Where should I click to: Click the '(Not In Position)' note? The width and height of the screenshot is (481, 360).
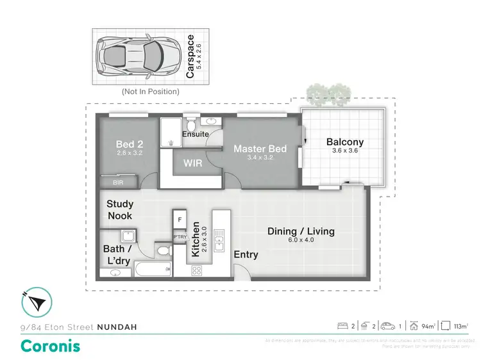coord(150,92)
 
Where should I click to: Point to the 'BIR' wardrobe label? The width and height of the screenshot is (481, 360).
coord(117,183)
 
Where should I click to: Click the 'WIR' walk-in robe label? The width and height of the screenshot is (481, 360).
coord(193,163)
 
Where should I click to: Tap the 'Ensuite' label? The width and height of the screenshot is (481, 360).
coord(194,135)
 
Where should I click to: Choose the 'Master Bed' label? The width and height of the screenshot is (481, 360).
coord(260,149)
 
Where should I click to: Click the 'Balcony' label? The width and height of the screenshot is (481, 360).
coord(344,142)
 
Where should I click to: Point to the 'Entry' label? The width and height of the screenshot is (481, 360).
coord(246,254)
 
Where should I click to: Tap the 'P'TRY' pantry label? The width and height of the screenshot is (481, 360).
coord(178,237)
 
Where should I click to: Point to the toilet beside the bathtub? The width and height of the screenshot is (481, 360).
coord(162,249)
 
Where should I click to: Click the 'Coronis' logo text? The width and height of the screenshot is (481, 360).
coord(51,347)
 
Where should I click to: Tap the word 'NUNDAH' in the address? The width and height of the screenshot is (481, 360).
coord(117,327)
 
